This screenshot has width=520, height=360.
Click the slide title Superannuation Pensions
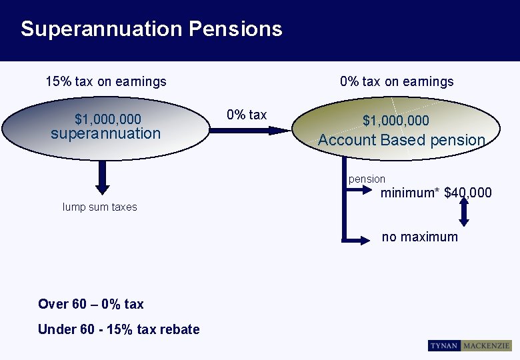pyautogui.click(x=151, y=29)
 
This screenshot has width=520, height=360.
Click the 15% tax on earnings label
pyautogui.click(x=106, y=82)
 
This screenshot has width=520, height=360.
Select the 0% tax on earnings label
pyautogui.click(x=397, y=81)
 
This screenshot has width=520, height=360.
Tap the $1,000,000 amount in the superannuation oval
pyautogui.click(x=108, y=119)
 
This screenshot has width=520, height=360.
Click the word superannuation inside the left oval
pyautogui.click(x=106, y=133)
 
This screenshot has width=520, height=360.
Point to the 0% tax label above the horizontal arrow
pyautogui.click(x=247, y=115)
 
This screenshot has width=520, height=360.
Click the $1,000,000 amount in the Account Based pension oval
pyautogui.click(x=396, y=121)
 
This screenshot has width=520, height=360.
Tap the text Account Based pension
pyautogui.click(x=401, y=140)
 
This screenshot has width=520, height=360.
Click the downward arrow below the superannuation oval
pyautogui.click(x=102, y=176)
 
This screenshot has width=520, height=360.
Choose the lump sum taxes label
pyautogui.click(x=100, y=207)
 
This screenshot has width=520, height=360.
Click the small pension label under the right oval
pyautogui.click(x=367, y=179)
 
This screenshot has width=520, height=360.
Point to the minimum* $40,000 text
pyautogui.click(x=436, y=193)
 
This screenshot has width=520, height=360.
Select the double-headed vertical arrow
pyautogui.click(x=464, y=211)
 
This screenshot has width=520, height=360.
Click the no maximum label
pyautogui.click(x=420, y=237)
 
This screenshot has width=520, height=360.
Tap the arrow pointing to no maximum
pyautogui.click(x=360, y=238)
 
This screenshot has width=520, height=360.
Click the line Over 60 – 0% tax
pyautogui.click(x=91, y=304)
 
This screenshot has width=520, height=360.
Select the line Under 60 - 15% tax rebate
pyautogui.click(x=119, y=329)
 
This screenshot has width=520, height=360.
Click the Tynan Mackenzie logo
pyautogui.click(x=469, y=346)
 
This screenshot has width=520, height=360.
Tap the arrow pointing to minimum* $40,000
pyautogui.click(x=363, y=191)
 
